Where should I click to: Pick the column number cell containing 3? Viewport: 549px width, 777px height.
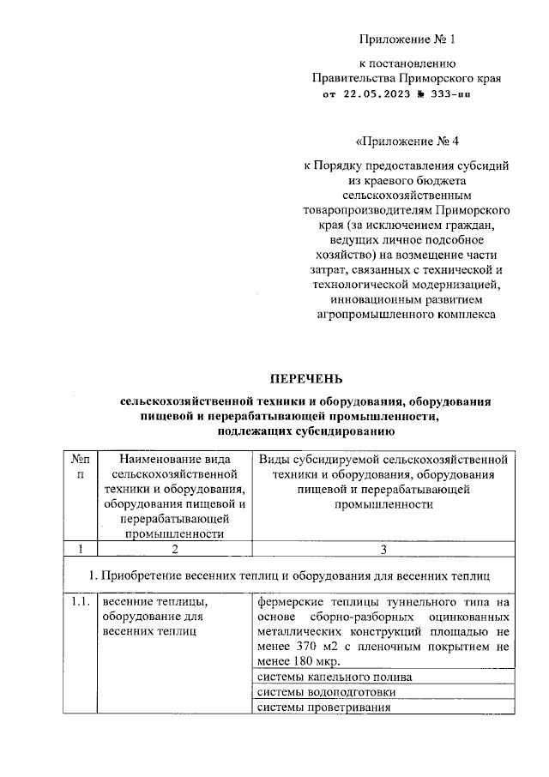click(x=383, y=549)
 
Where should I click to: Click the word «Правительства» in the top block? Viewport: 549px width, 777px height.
click(x=354, y=78)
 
